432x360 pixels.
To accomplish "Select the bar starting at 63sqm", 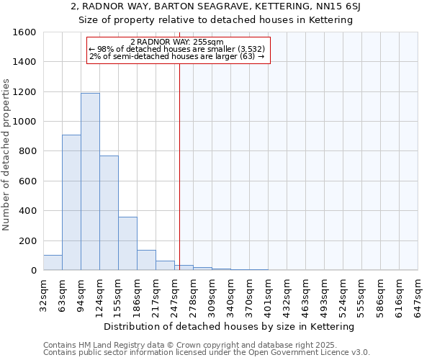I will click(71, 202).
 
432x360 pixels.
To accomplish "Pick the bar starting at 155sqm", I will click(127, 243).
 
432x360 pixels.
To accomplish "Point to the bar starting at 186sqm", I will click(146, 260).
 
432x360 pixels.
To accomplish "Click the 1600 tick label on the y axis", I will click(24, 32).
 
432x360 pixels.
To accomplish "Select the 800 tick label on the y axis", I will click(27, 151).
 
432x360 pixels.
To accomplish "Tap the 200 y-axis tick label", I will click(27, 240).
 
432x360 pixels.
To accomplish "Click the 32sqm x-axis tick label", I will click(48, 294).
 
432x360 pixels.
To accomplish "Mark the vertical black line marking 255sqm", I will click(179, 166).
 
